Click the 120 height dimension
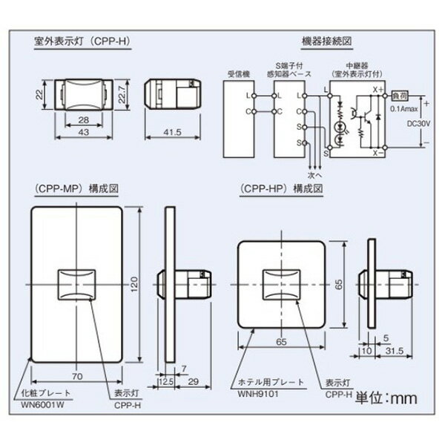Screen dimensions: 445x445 click(134, 283)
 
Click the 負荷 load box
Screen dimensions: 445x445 click(399, 95)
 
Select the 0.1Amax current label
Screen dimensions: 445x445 click(400, 108)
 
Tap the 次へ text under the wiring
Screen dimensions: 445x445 click(314, 175)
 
